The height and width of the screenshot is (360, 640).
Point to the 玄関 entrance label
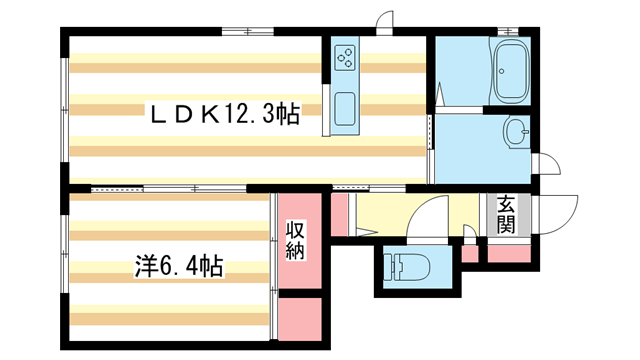pyautogui.click(x=505, y=214)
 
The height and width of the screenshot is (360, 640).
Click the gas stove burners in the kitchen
pyautogui.click(x=346, y=58)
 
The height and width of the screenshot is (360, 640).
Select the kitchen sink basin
pyautogui.click(x=345, y=111)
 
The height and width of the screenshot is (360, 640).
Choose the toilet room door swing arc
pyautogui.click(x=435, y=213)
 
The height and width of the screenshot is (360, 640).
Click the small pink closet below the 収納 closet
pyautogui.click(x=298, y=317)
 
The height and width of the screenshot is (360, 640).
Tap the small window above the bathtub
pyautogui.click(x=512, y=35)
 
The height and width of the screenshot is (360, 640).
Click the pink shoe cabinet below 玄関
pyautogui.click(x=506, y=252)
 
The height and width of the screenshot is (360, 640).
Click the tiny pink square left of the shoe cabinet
pyautogui.click(x=469, y=252)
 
